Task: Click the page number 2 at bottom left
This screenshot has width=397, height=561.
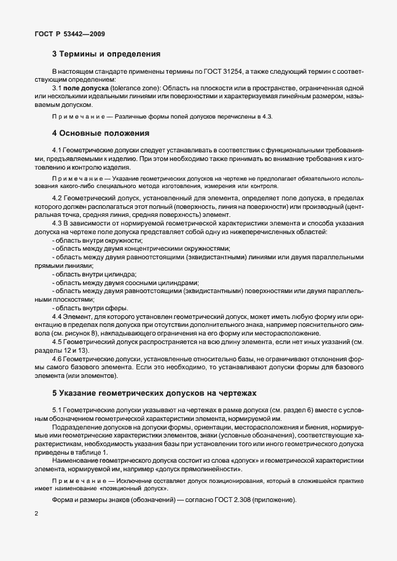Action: [37, 530]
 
